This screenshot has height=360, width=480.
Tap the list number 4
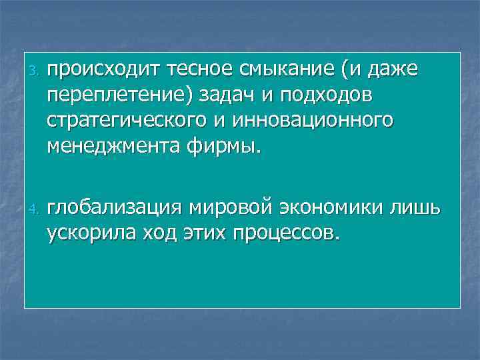pos(39,211)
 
